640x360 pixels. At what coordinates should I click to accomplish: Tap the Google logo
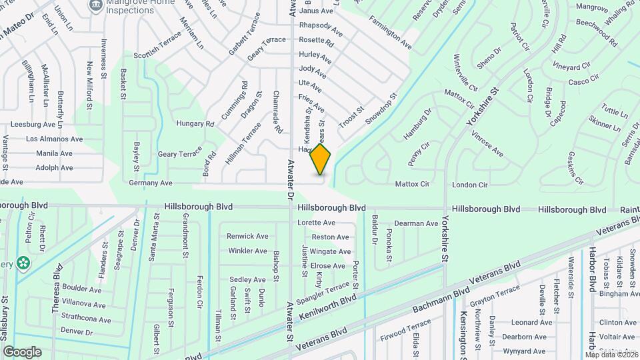click(x=22, y=351)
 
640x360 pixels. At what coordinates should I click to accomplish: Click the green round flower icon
click(x=24, y=263)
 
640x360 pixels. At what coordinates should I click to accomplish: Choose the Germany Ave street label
click(x=151, y=183)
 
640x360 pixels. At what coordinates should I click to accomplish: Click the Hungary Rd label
click(x=195, y=124)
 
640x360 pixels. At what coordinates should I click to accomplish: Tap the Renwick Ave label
click(x=247, y=236)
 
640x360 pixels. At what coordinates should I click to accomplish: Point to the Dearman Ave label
click(x=416, y=223)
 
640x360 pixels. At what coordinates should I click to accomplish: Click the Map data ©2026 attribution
click(x=611, y=354)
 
